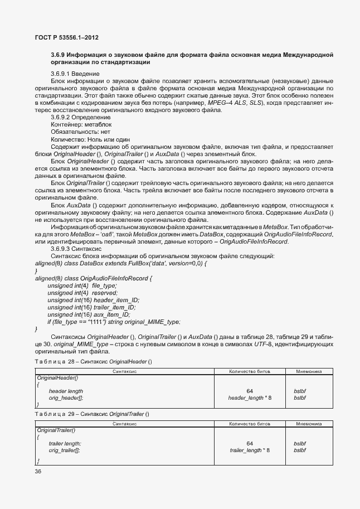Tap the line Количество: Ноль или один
(90, 139)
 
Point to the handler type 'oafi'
(115, 234)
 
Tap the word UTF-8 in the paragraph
(245, 344)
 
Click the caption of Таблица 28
(94, 361)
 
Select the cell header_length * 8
(250, 397)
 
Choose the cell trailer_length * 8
(250, 449)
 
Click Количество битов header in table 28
(249, 371)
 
